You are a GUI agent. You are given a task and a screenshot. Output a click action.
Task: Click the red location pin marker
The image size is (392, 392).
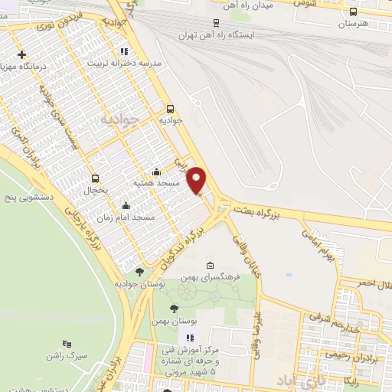pos(198,179)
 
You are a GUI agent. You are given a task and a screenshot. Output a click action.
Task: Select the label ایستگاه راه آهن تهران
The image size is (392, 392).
pos(217,34)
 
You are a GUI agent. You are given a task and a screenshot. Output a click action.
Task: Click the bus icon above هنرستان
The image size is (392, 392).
pos(353,11)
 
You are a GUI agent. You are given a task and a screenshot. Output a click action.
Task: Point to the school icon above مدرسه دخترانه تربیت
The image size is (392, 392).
pos(124,52)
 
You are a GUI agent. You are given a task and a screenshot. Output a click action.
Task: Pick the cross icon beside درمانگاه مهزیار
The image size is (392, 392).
pos(22,54)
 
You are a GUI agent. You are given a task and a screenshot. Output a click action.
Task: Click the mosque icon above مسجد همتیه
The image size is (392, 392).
pos(156,171)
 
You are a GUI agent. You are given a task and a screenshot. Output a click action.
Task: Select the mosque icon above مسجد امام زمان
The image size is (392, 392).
pos(126,205)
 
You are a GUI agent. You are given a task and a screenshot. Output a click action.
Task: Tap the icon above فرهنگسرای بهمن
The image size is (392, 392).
pos(211,264)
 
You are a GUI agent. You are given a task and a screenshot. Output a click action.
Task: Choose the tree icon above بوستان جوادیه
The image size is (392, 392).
pos(139,271)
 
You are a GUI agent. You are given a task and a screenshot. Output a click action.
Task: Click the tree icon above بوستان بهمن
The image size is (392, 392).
pos(174,308)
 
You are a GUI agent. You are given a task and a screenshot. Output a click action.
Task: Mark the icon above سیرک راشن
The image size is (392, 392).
pos(67,345)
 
